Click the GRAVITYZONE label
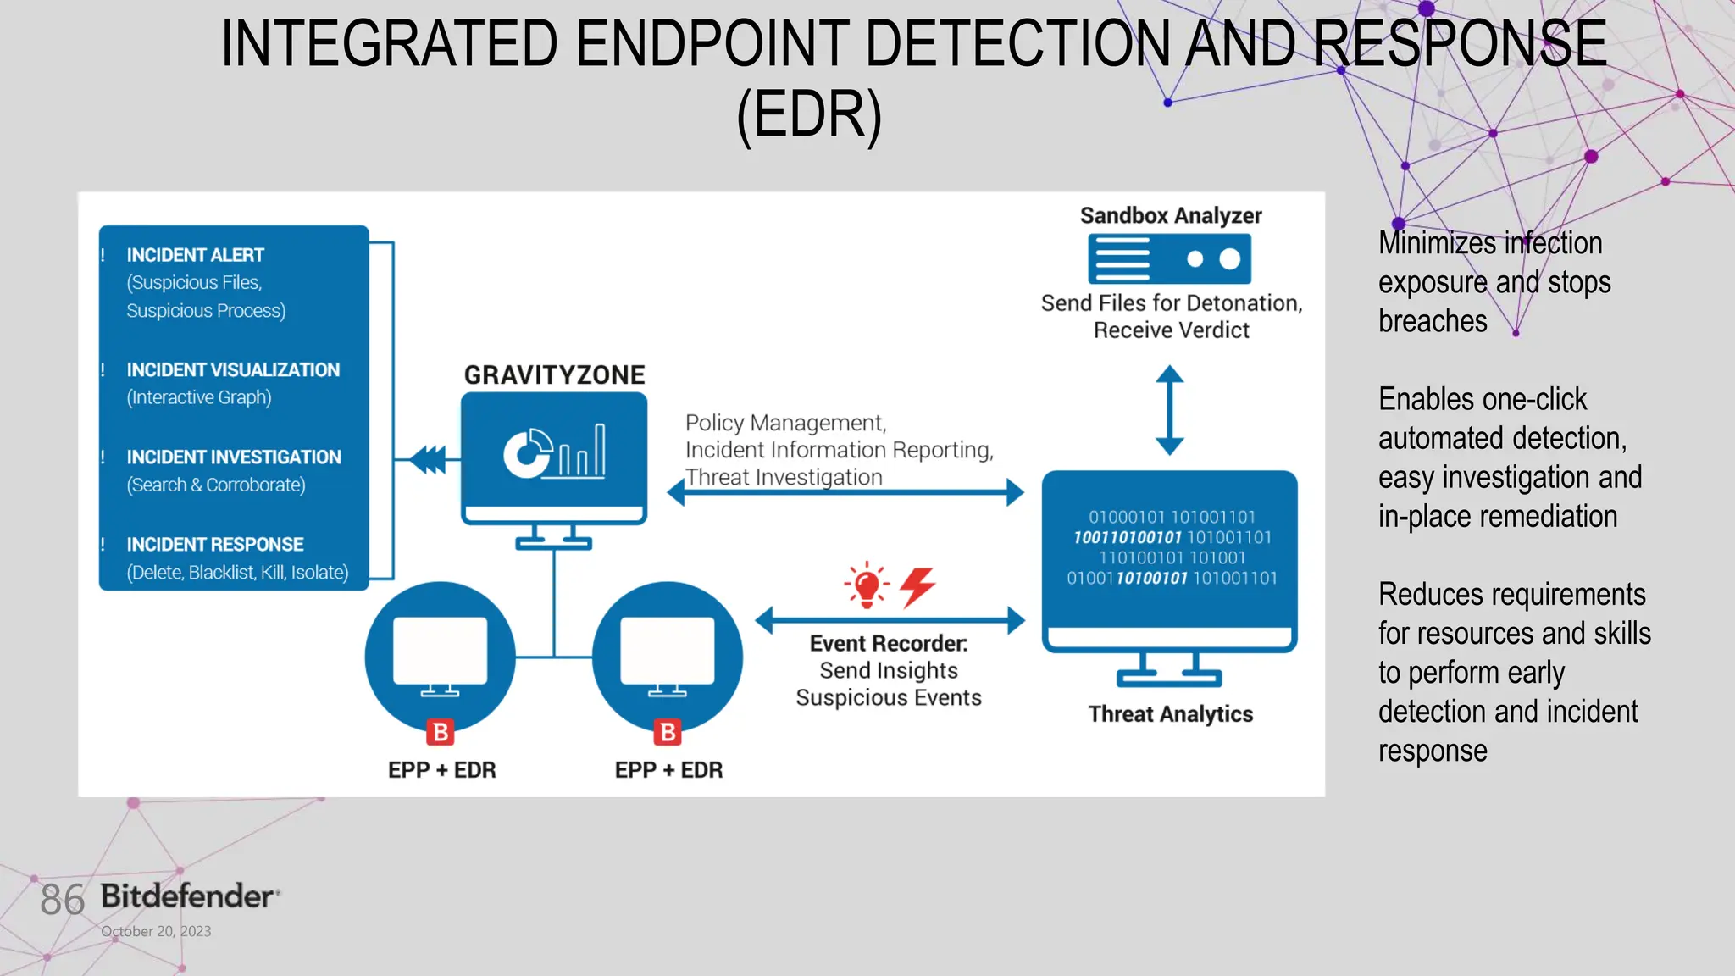pos(554,374)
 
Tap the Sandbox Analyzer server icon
pos(1169,259)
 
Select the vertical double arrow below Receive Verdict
pos(1169,410)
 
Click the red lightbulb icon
pos(867,585)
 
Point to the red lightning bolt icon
pos(917,586)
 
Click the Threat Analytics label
pos(1170,714)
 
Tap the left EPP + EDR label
pos(441,770)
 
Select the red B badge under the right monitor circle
pos(668,732)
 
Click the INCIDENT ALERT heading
pos(195,255)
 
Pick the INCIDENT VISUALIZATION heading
pos(233,370)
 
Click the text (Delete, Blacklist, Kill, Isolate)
pos(237,573)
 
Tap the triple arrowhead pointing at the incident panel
pos(429,460)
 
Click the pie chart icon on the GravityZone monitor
pos(527,453)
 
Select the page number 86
pos(62,900)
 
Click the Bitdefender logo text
pos(188,896)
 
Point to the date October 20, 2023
pos(156,931)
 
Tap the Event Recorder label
pos(888,644)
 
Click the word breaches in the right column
pos(1433,321)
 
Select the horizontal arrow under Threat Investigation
pos(845,492)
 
